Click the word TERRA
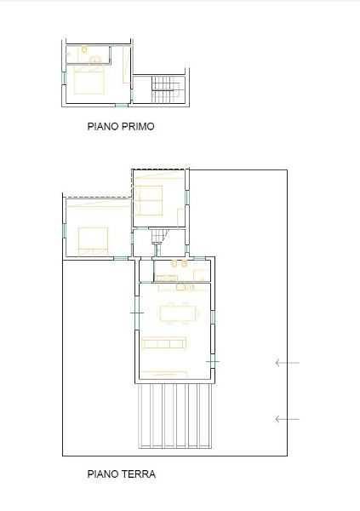(x=138, y=474)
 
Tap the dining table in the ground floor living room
(x=178, y=313)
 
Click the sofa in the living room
(x=164, y=343)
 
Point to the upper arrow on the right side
(x=287, y=364)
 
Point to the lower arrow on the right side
(x=287, y=418)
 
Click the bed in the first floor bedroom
(x=89, y=80)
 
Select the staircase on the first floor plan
(x=164, y=86)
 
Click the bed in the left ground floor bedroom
(x=93, y=241)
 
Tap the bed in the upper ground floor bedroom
(x=150, y=201)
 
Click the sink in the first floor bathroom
(x=96, y=59)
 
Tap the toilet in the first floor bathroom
(x=85, y=52)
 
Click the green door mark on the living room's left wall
(x=137, y=313)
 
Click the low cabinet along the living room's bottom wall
(x=165, y=374)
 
